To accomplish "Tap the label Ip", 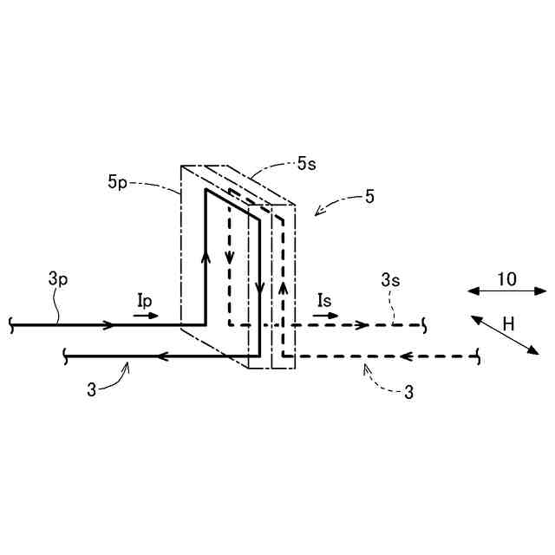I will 146,299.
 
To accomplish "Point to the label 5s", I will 306,162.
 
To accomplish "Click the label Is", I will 324,300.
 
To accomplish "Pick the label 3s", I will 390,279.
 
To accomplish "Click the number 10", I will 506,278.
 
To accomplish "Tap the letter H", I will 508,323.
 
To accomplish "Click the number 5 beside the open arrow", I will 369,197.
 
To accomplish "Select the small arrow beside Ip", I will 147,315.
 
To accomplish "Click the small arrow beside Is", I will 326,316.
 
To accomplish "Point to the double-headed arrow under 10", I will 507,291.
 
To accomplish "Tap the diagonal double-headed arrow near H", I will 505,335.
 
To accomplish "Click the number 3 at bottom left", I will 92,389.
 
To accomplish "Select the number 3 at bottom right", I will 409,392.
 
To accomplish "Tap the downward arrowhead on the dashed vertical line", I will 229,257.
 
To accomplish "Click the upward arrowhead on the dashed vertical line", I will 283,286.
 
